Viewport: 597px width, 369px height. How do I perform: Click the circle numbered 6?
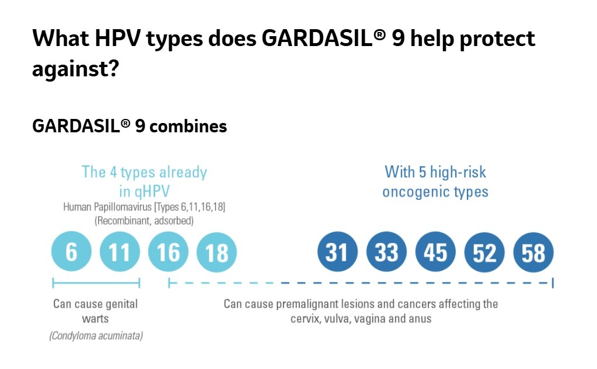(x=71, y=252)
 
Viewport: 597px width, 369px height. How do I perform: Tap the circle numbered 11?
(x=120, y=252)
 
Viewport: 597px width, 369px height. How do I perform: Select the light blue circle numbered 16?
(x=168, y=252)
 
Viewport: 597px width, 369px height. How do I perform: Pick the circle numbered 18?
(x=217, y=252)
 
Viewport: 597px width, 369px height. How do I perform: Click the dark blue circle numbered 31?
(x=337, y=252)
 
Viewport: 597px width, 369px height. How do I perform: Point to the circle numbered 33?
(x=386, y=252)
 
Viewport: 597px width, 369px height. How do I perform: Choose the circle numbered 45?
(x=435, y=252)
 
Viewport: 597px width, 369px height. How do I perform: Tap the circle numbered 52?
(x=484, y=252)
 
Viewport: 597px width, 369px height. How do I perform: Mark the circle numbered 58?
(x=533, y=252)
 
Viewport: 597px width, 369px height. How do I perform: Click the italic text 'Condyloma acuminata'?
(x=96, y=336)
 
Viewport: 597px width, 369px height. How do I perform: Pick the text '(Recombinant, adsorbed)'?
(x=144, y=221)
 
